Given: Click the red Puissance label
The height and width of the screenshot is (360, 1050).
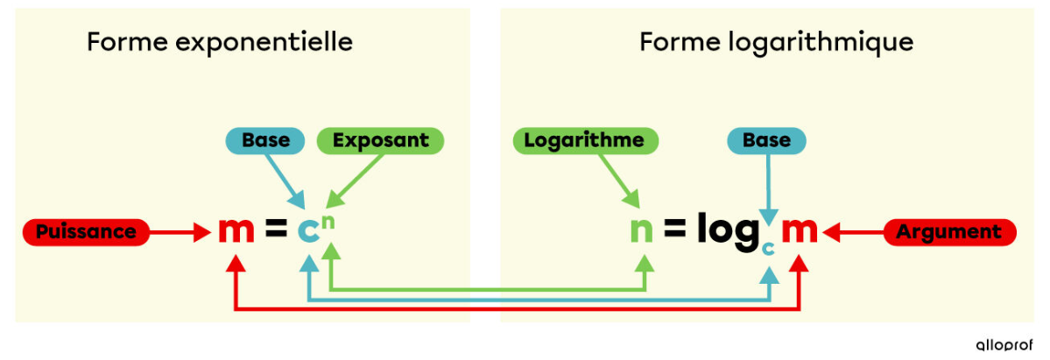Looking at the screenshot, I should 86,232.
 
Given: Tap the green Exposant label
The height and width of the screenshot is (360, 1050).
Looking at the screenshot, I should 381,140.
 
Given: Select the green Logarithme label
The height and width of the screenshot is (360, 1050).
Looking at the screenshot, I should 584,140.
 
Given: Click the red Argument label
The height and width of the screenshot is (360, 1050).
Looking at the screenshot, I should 950,232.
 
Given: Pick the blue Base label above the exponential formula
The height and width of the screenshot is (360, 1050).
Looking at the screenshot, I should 265,140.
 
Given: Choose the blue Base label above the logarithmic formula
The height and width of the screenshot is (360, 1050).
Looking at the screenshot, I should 766,140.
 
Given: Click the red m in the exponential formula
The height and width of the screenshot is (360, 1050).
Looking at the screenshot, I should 236,231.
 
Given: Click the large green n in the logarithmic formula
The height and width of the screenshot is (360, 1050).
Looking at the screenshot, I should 642,231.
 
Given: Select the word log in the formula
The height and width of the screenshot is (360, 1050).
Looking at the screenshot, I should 728,231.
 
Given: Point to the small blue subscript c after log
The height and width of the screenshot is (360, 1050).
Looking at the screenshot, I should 769,248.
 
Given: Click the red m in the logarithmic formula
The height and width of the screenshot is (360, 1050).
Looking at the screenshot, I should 799,231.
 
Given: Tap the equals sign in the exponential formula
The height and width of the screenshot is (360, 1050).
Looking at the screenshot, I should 276,231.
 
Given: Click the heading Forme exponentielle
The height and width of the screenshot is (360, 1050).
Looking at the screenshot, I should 220,42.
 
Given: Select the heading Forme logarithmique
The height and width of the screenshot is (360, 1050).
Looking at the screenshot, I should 777,42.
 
